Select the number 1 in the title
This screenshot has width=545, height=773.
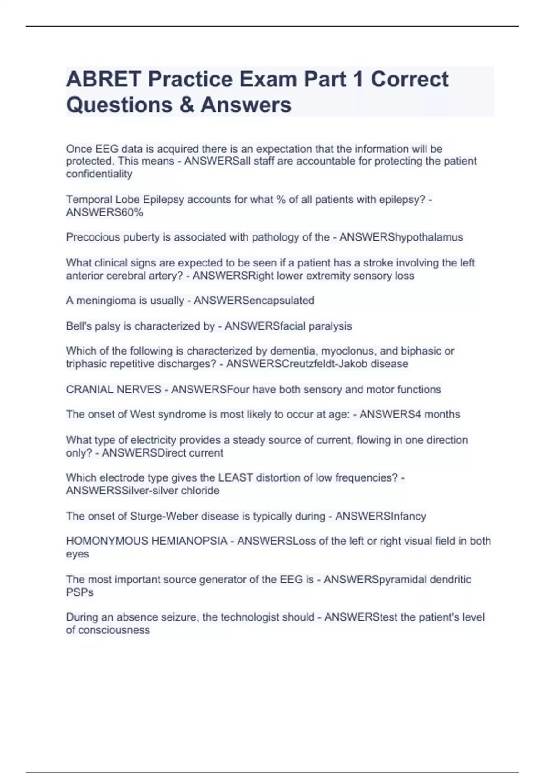(357, 80)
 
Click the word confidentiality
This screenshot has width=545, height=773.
(99, 174)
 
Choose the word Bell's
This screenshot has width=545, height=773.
(79, 326)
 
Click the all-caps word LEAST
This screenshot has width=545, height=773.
(235, 478)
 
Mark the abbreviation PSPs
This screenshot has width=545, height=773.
(79, 592)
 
